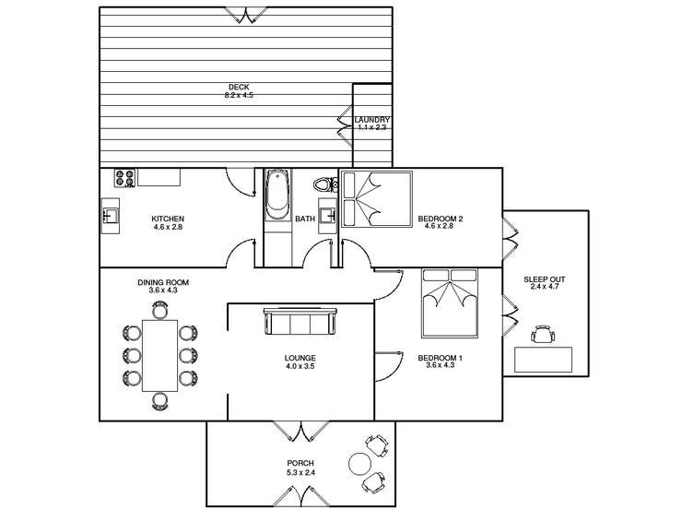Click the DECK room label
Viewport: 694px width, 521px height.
click(239, 87)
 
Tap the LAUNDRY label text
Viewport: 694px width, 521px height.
click(373, 120)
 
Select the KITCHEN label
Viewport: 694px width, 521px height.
click(168, 219)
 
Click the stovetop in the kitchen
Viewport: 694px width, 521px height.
click(125, 178)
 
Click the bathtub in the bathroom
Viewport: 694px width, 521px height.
click(277, 195)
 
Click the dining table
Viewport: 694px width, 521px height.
click(160, 353)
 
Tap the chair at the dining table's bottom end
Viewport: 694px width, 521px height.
click(160, 399)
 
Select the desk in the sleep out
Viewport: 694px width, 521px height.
click(543, 358)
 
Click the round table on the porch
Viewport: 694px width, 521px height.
click(356, 463)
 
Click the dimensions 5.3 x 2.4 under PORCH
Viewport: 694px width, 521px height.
click(300, 472)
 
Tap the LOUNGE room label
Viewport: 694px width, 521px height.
click(300, 358)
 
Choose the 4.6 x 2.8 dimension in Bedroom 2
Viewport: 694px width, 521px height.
click(440, 227)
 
